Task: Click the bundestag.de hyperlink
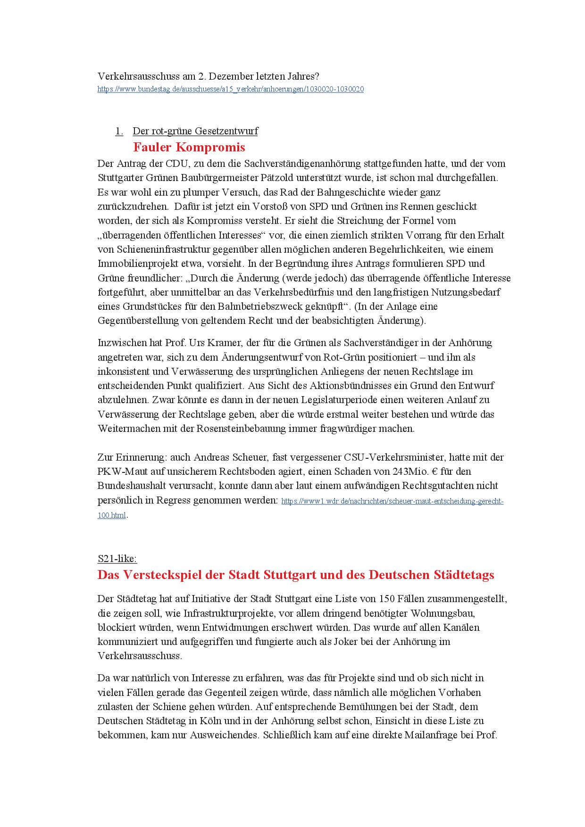230,89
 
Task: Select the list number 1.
119,131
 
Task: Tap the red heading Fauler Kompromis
189,147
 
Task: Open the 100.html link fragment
112,515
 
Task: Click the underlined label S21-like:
117,559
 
